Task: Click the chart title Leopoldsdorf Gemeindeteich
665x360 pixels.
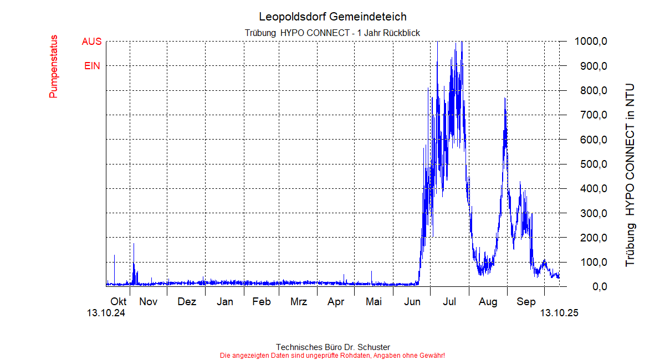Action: click(x=332, y=17)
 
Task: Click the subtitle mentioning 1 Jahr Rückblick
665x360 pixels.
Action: click(x=332, y=33)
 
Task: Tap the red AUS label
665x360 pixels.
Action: click(x=91, y=42)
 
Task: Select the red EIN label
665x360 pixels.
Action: click(x=92, y=66)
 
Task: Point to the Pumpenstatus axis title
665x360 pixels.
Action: click(x=53, y=66)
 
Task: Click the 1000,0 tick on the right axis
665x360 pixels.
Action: click(x=592, y=42)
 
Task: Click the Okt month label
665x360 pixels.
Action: click(x=119, y=302)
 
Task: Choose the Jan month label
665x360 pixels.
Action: click(x=224, y=302)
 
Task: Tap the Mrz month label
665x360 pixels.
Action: click(x=299, y=302)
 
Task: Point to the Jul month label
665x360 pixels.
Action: click(x=449, y=302)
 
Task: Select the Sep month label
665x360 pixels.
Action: click(x=526, y=302)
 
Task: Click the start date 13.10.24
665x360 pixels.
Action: click(x=106, y=313)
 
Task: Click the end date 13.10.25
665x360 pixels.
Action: click(x=559, y=313)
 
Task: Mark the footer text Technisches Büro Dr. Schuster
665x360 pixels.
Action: click(x=332, y=347)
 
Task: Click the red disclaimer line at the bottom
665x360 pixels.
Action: click(x=332, y=355)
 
